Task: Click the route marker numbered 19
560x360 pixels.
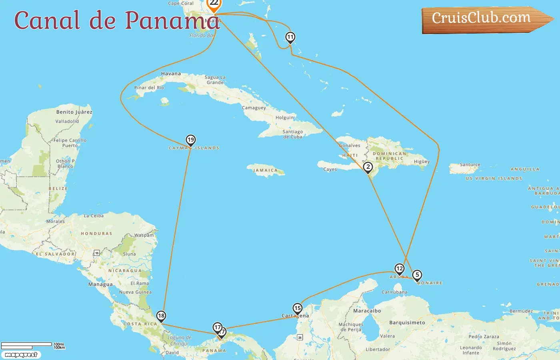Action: click(x=191, y=140)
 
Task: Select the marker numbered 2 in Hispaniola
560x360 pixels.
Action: click(x=368, y=167)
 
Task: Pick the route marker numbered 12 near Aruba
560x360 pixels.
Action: click(x=399, y=269)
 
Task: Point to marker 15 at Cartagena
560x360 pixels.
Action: click(x=297, y=308)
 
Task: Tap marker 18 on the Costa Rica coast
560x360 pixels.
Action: click(x=161, y=316)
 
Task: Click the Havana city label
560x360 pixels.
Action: click(x=171, y=74)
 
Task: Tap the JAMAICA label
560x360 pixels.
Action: click(x=265, y=170)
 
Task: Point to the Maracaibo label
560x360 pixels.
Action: click(x=367, y=311)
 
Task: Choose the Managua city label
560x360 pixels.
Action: click(x=100, y=284)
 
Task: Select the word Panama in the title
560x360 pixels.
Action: click(x=172, y=21)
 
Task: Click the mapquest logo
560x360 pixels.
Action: click(x=21, y=355)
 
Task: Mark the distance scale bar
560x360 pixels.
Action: click(x=26, y=345)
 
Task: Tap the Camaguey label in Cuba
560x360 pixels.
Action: click(x=254, y=108)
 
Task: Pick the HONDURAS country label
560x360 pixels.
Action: click(x=96, y=234)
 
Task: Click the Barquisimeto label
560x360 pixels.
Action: click(x=407, y=322)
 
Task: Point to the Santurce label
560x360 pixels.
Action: click(x=470, y=165)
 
